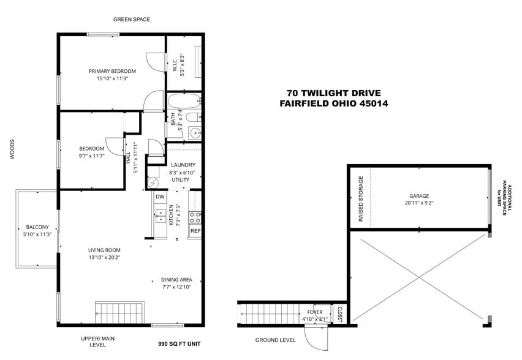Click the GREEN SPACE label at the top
click(x=131, y=20)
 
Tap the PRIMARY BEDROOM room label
click(x=112, y=71)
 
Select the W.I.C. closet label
click(x=175, y=64)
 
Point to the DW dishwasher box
click(x=160, y=197)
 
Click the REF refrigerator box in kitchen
click(x=195, y=231)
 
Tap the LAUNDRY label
click(x=183, y=165)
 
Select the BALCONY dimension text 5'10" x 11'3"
click(x=37, y=234)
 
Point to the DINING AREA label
click(x=176, y=279)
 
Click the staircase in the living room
click(x=119, y=312)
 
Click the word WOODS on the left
click(x=12, y=149)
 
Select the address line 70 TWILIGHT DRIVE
click(x=333, y=93)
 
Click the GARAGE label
click(x=419, y=197)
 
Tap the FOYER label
click(x=314, y=312)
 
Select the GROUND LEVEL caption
click(x=275, y=340)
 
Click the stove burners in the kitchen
click(x=195, y=216)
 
